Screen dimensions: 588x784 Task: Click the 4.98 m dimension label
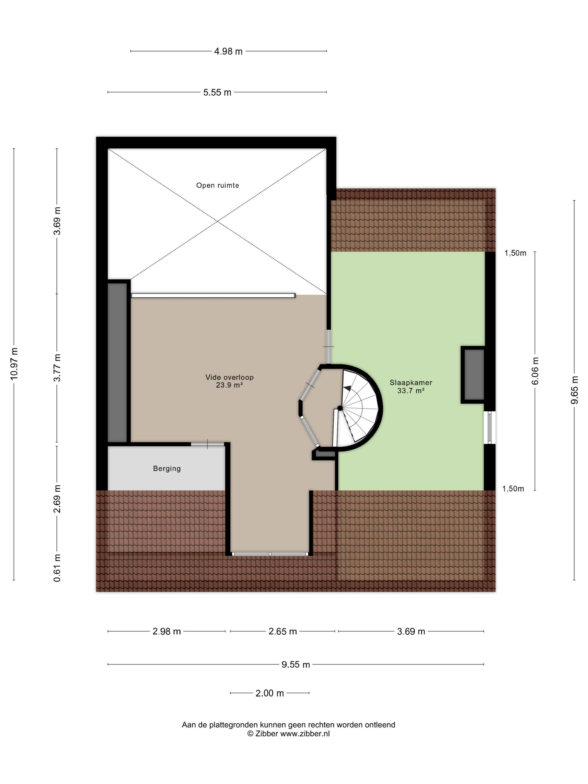click(x=228, y=52)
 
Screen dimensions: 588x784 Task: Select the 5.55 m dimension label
click(x=217, y=92)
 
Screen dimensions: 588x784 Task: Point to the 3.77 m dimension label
click(x=57, y=368)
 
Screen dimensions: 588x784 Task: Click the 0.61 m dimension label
click(x=57, y=568)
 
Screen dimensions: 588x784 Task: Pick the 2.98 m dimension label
click(x=167, y=631)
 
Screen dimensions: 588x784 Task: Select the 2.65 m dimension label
click(x=283, y=631)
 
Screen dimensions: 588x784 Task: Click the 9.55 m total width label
click(x=296, y=664)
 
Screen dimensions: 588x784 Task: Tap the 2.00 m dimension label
click(x=270, y=693)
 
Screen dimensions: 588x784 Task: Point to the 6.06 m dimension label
click(x=535, y=371)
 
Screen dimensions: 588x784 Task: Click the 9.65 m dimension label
click(x=574, y=390)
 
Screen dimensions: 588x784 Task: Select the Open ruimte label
click(x=218, y=185)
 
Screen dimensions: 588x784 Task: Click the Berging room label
click(x=167, y=468)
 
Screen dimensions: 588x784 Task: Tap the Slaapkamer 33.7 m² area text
click(x=411, y=387)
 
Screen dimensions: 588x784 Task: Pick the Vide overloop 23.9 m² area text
click(x=229, y=381)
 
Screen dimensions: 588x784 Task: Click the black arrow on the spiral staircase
click(x=348, y=388)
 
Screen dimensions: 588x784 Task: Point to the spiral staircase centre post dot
click(x=340, y=408)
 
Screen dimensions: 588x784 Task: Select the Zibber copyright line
click(x=288, y=734)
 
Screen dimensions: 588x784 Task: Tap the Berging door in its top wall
click(x=208, y=444)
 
